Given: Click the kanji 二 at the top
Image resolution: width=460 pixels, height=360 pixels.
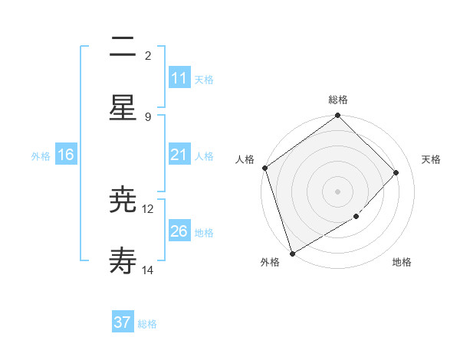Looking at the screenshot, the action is (x=123, y=48).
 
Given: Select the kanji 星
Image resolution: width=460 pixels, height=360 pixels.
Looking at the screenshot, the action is (x=123, y=107).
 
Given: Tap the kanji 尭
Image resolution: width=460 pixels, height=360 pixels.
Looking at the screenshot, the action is (x=123, y=201).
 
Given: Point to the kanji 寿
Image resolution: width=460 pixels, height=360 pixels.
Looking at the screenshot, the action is (x=123, y=262).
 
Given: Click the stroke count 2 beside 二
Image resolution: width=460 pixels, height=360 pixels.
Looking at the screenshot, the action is (x=148, y=55).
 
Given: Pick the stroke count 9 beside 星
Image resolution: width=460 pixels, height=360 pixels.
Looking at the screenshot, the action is (x=148, y=116).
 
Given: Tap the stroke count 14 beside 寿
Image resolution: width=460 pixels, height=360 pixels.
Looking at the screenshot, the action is (x=148, y=270).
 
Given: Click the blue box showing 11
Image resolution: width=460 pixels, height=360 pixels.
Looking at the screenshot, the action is (x=179, y=78).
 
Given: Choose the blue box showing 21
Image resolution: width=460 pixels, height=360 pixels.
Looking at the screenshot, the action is (x=179, y=155).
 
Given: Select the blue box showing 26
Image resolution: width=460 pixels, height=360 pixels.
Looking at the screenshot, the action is (x=179, y=231).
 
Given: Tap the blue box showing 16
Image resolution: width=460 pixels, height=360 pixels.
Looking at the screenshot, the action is (x=66, y=155).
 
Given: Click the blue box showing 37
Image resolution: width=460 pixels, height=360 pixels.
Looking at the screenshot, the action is (x=123, y=322).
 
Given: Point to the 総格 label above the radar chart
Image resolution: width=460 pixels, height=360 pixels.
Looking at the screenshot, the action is (x=338, y=100).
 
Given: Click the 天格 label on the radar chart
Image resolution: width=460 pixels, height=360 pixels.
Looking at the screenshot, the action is (x=431, y=159).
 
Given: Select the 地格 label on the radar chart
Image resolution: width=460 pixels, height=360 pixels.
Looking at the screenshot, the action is (x=402, y=262).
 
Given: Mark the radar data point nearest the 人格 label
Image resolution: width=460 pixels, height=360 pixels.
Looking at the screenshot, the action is (x=264, y=168).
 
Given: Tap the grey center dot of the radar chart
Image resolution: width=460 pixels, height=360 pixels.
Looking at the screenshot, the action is (x=337, y=191).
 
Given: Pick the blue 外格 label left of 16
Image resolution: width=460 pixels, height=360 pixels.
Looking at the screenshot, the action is (x=41, y=155).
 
